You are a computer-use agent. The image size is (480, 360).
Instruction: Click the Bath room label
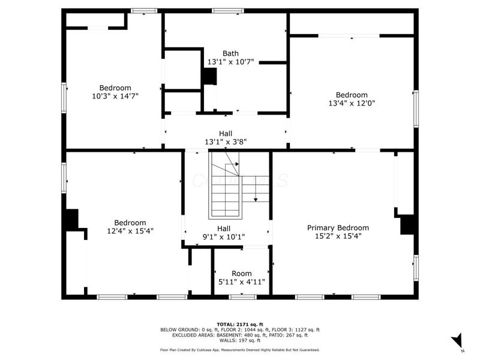click(x=230, y=53)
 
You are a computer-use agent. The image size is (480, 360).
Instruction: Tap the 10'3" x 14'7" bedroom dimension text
click(x=115, y=96)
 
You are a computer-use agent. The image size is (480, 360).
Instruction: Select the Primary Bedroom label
click(x=338, y=228)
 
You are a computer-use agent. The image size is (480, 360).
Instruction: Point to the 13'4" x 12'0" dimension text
click(x=352, y=103)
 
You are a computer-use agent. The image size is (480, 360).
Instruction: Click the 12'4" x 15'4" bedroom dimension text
click(x=130, y=231)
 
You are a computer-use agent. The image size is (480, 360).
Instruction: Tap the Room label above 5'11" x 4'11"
click(x=242, y=274)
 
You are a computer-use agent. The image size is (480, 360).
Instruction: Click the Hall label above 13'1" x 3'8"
click(x=226, y=133)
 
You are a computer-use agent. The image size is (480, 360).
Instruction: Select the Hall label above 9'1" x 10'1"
click(x=224, y=229)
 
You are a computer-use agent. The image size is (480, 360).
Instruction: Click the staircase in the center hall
click(x=226, y=185)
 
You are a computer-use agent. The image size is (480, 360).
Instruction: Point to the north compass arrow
click(x=458, y=341)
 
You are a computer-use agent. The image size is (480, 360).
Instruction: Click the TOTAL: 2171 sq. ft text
click(x=240, y=325)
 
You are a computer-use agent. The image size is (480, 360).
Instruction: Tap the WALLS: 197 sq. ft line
click(x=240, y=340)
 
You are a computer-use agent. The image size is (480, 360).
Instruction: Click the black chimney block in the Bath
click(x=209, y=77)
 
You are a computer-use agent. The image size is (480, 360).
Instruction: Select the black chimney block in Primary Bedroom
click(x=407, y=224)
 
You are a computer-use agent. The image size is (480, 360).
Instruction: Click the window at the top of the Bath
click(x=228, y=11)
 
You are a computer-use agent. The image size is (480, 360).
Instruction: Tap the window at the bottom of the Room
click(x=243, y=297)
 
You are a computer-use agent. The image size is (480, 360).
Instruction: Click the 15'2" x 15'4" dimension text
click(x=338, y=236)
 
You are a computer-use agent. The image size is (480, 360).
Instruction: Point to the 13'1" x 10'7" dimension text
click(x=231, y=62)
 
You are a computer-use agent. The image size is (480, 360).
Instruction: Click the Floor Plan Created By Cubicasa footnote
click(x=240, y=350)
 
